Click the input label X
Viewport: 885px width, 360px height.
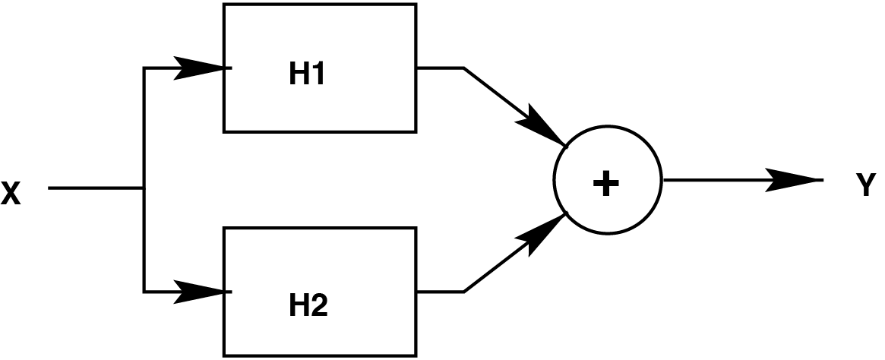click(10, 195)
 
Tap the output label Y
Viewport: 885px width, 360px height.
click(866, 186)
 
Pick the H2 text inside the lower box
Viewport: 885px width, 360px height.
click(308, 305)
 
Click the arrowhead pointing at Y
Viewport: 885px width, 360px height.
click(795, 181)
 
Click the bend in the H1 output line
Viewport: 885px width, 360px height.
click(463, 68)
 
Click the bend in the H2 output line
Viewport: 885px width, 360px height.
click(463, 291)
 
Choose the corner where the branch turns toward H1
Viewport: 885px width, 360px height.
click(144, 68)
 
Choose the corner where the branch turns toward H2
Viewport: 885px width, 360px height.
click(144, 290)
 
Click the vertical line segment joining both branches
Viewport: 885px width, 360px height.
click(144, 129)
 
